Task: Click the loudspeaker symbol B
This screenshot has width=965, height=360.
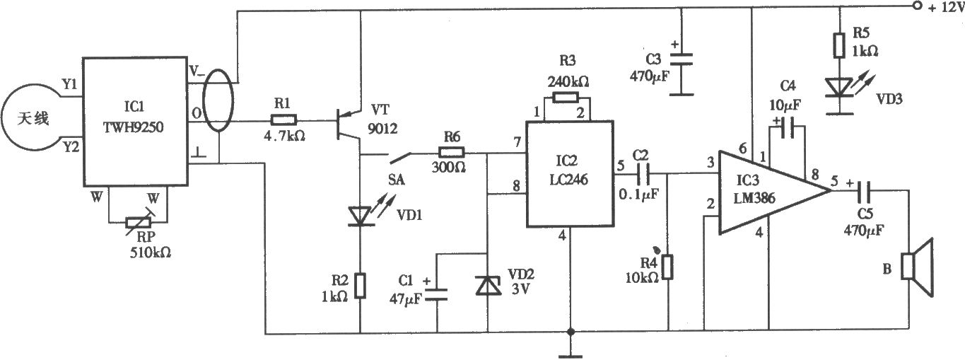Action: [918, 267]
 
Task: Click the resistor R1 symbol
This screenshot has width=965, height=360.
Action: [283, 120]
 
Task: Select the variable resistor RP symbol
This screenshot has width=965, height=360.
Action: [139, 223]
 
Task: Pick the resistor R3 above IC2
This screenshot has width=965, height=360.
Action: [566, 97]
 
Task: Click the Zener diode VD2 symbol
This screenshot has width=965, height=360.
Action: [488, 284]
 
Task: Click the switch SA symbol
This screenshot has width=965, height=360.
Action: [401, 158]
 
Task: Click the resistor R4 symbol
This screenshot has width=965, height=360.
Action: [667, 267]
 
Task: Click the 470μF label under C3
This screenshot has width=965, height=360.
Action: [649, 77]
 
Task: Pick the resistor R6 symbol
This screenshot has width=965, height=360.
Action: [452, 152]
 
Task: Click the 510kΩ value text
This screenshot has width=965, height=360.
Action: [151, 252]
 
